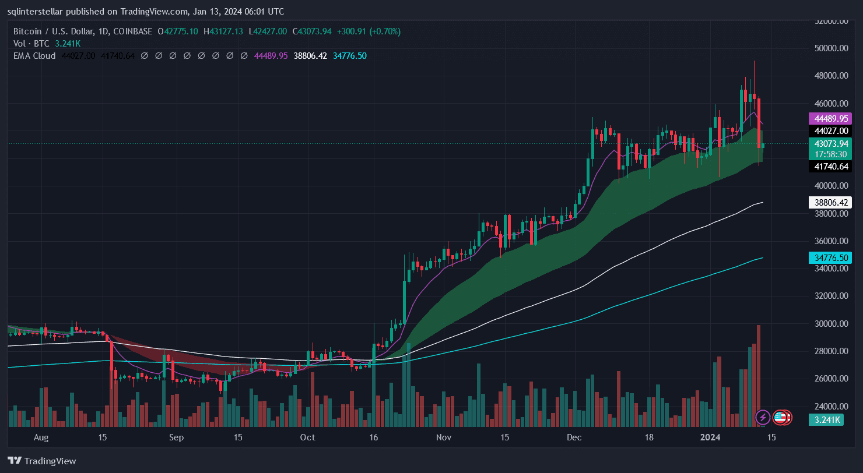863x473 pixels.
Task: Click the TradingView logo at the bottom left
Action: [41, 461]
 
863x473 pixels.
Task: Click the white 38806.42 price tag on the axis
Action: [829, 203]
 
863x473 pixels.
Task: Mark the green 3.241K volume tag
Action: [827, 420]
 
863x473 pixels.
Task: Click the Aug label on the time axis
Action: [41, 437]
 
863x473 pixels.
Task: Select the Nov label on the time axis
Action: [444, 437]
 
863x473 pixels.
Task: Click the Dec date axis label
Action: [574, 437]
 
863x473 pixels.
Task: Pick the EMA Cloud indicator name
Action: [34, 56]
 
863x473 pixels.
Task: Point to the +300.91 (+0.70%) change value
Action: [375, 31]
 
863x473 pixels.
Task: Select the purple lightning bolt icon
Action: [762, 417]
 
